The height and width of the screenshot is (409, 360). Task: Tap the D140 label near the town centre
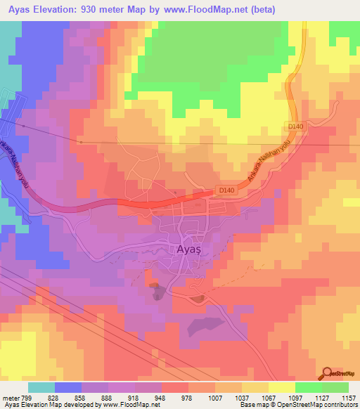225,190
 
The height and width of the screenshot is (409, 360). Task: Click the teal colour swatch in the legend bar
41,387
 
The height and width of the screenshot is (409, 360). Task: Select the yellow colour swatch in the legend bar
281,387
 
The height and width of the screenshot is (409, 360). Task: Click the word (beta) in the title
259,10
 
